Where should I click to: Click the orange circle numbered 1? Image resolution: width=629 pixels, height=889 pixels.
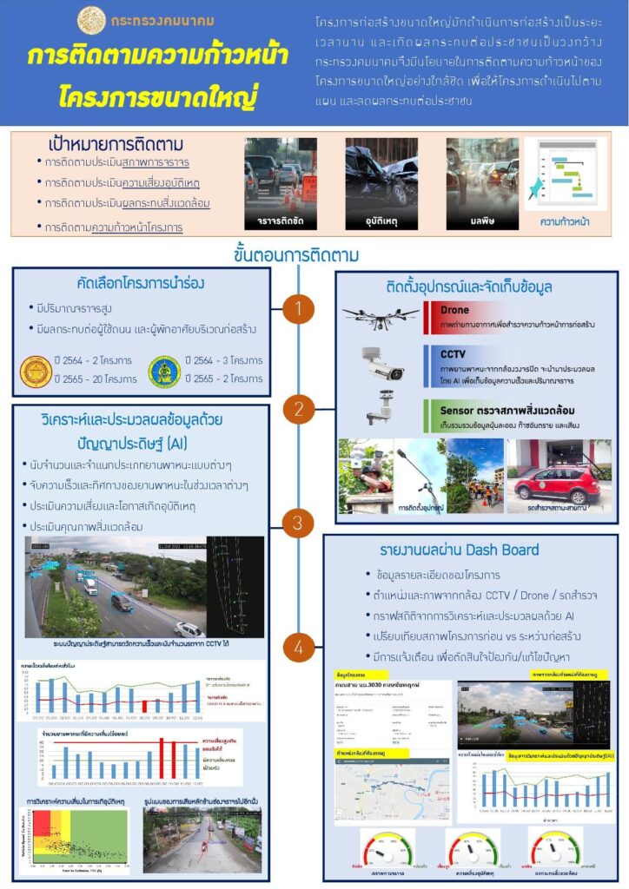(x=298, y=308)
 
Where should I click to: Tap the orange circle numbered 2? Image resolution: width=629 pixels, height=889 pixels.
(x=298, y=409)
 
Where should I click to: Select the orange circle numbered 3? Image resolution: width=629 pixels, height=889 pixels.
(x=298, y=523)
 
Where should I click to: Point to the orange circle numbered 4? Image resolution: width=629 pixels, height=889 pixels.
(x=298, y=647)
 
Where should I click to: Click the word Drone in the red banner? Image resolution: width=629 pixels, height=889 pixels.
(x=454, y=309)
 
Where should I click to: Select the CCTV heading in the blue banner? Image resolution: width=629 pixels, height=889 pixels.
(x=454, y=354)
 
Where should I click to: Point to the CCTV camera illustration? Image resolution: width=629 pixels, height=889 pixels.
(x=382, y=364)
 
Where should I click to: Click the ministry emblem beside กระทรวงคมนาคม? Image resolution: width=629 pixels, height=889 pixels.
(x=92, y=19)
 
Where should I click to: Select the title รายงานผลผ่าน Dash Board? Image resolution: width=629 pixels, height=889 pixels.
(x=459, y=550)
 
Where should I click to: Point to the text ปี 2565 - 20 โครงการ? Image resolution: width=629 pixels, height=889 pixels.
(x=95, y=379)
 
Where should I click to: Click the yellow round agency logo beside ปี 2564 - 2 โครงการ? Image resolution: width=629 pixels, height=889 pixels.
(x=36, y=372)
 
